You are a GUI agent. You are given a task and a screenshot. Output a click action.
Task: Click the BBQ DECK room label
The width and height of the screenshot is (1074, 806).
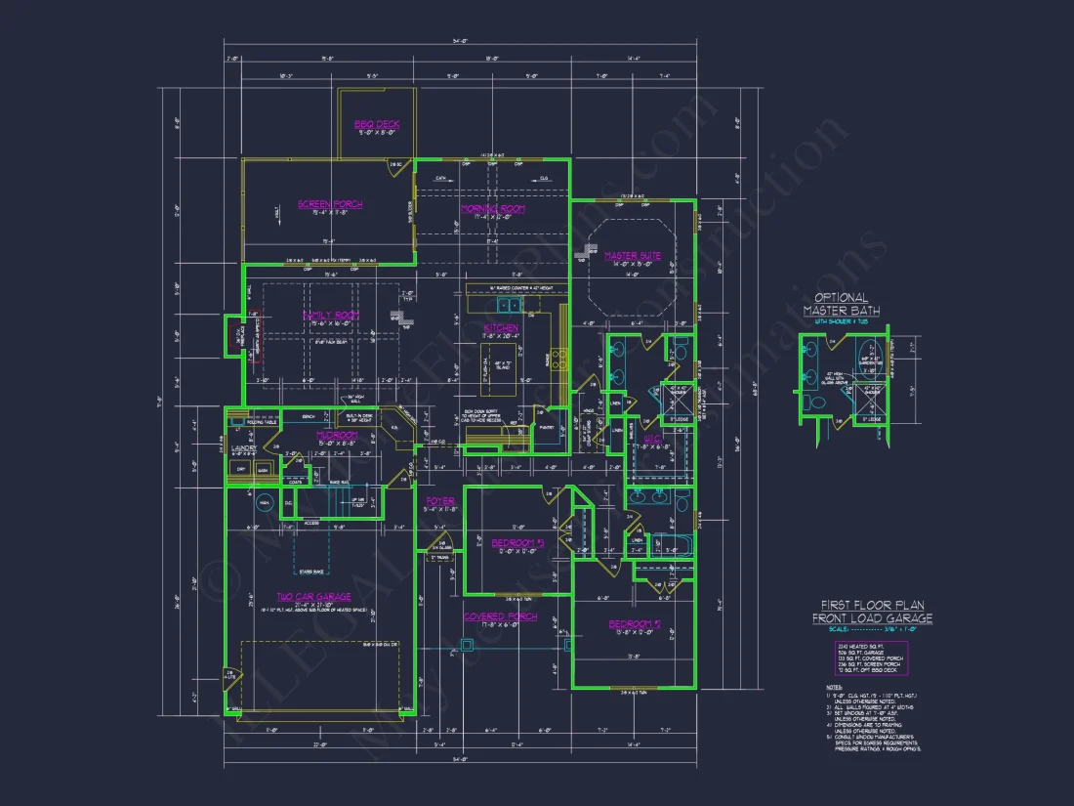pos(376,124)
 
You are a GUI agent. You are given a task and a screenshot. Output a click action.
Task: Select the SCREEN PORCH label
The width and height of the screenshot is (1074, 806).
pos(330,204)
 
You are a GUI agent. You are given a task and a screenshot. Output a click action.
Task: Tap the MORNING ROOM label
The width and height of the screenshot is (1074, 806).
pos(493,208)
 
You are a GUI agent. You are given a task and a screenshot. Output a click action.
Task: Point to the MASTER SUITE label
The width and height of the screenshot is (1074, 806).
pos(633,256)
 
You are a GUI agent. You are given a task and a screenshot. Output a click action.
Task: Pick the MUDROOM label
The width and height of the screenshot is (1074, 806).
pos(337,435)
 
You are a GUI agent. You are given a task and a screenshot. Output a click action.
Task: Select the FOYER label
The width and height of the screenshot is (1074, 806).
pos(440,501)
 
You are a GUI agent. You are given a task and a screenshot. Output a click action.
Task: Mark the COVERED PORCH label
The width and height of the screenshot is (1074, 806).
pos(500,616)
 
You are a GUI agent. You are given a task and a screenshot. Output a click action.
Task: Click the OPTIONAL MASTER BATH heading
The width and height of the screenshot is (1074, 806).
pos(841,304)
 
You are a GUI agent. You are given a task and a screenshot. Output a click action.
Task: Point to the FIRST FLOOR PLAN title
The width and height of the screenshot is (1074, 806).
pos(872,611)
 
